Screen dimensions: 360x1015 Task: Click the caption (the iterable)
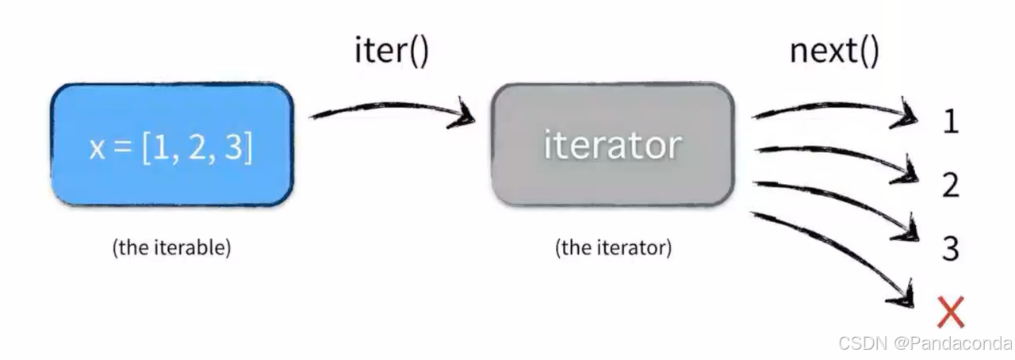tap(172, 247)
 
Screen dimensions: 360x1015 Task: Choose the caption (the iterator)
tap(613, 247)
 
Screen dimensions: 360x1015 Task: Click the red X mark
tap(950, 312)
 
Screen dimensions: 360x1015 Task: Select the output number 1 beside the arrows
tap(951, 121)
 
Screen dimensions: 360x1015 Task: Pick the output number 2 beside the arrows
tap(951, 186)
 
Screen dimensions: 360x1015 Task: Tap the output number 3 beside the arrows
tap(951, 249)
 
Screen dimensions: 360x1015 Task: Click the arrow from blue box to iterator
tap(393, 112)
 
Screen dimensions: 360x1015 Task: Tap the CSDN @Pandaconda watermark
tap(925, 343)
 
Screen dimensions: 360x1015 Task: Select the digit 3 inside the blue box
tap(234, 148)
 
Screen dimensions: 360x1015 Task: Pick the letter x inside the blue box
tap(97, 150)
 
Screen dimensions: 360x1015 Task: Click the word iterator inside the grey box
tap(612, 145)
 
